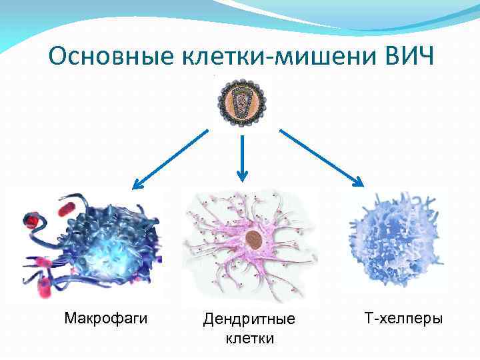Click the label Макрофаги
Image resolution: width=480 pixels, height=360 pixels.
click(x=106, y=319)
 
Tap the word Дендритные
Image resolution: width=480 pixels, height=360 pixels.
click(x=249, y=320)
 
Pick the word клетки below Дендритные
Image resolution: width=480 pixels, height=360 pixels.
click(x=249, y=339)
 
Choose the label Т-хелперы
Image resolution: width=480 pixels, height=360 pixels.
click(x=403, y=319)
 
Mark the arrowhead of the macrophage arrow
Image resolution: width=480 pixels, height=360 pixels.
click(x=137, y=184)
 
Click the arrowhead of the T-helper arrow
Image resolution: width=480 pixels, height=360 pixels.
click(x=359, y=183)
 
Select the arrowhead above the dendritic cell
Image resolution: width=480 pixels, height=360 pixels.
click(x=242, y=177)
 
